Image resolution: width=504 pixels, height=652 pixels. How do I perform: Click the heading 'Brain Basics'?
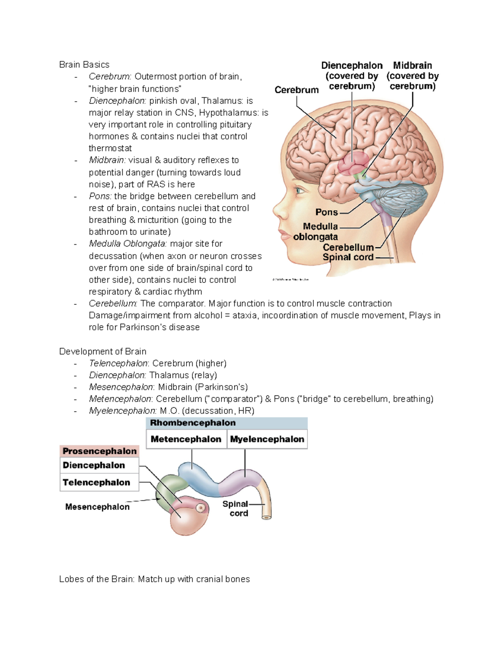[x=84, y=65]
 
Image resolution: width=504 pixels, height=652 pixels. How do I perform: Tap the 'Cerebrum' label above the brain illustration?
[x=297, y=90]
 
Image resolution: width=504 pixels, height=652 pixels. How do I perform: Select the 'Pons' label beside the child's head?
[x=326, y=212]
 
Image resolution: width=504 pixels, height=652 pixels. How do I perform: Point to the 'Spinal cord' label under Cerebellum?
[x=348, y=257]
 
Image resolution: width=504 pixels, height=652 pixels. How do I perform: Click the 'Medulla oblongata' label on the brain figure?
[x=316, y=232]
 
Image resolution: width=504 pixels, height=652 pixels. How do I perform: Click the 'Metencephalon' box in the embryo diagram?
[x=186, y=439]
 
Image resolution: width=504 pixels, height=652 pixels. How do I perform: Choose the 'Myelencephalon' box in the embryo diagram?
[x=267, y=439]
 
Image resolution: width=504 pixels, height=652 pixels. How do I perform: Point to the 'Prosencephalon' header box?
[x=100, y=451]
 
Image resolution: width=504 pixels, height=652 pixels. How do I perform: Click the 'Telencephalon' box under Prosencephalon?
[x=97, y=482]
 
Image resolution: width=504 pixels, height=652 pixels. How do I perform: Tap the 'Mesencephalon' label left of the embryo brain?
[x=97, y=507]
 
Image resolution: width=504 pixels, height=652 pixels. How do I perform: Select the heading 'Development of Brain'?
[x=103, y=351]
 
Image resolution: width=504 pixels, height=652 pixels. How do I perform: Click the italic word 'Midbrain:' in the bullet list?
[x=107, y=160]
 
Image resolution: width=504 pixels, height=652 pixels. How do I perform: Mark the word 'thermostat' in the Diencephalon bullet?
[x=110, y=148]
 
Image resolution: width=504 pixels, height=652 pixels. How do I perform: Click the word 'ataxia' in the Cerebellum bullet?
[x=244, y=315]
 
